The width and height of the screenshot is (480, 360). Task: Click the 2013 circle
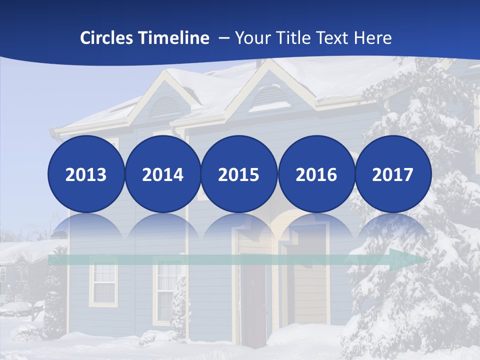pos(86,174)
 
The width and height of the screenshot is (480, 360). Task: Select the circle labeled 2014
pos(162,174)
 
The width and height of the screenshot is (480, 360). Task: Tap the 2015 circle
pos(239,174)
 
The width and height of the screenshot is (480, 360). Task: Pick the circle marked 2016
pos(316,174)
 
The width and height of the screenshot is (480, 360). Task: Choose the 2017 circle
pos(392,174)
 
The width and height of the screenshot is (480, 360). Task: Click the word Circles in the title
pos(106,38)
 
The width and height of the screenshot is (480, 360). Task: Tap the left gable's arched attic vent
pos(165,106)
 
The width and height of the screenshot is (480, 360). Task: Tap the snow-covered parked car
pos(15,308)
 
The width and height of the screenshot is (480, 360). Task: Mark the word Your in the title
pos(253,38)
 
